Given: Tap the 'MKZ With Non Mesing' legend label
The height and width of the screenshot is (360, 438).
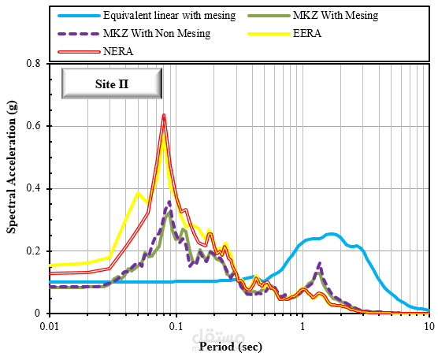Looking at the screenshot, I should pos(155,33).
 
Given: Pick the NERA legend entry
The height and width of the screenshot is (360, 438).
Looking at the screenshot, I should pos(119,50).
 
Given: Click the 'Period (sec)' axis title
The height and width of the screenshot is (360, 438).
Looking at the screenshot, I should pos(231,346).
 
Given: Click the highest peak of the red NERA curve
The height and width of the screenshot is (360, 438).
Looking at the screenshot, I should pos(164,115).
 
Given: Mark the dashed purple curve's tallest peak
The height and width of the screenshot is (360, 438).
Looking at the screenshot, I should pos(169,202).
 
